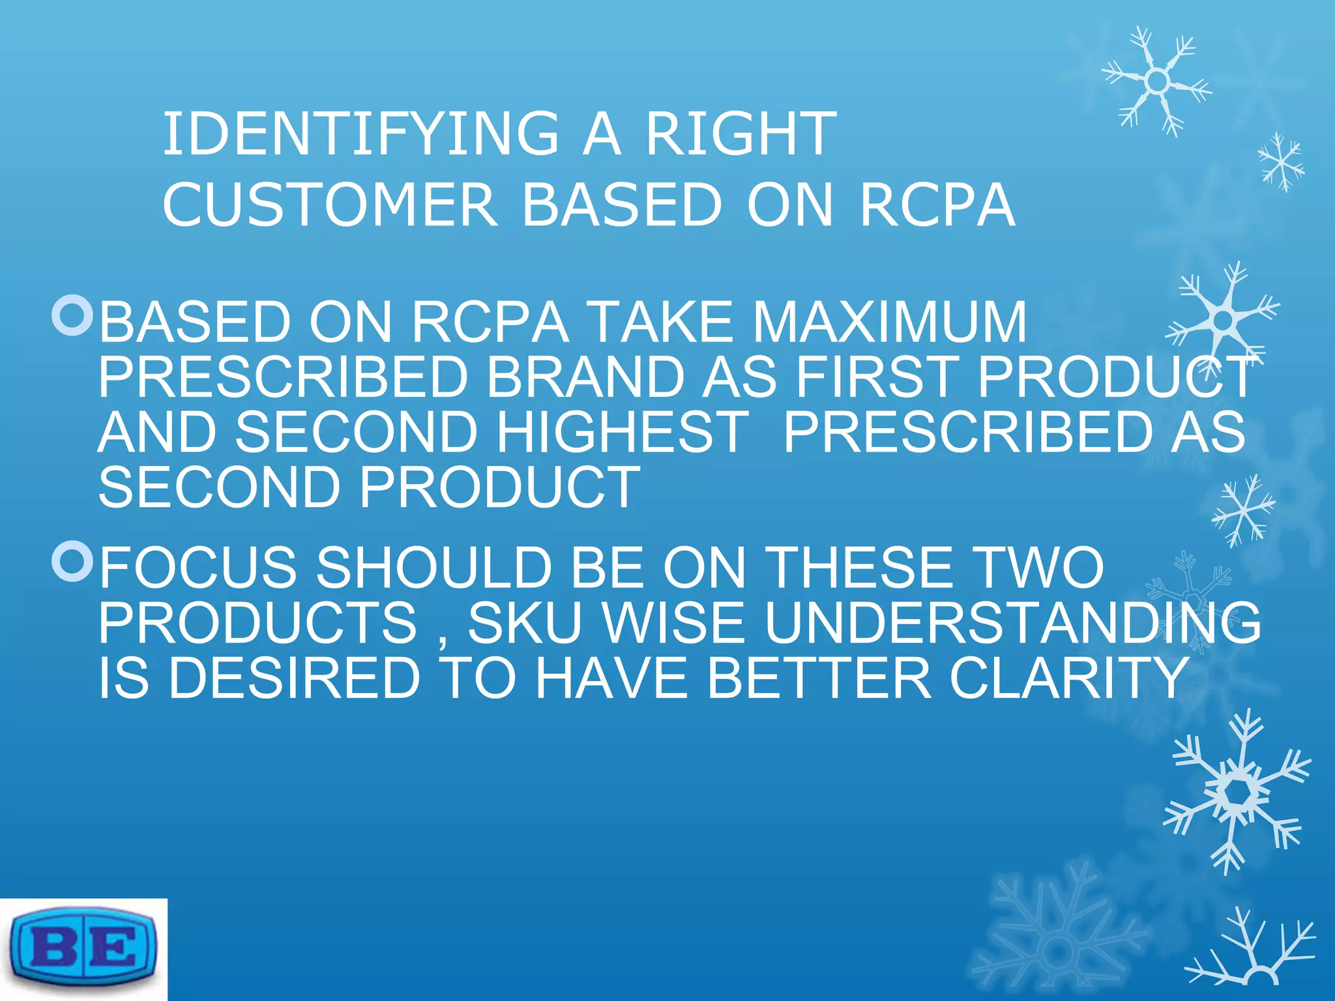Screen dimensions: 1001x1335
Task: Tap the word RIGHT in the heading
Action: click(741, 134)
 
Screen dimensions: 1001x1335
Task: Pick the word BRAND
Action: click(584, 377)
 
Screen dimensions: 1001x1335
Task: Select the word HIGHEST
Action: click(622, 431)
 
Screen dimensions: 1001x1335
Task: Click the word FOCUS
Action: click(198, 568)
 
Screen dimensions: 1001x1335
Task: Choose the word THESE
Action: click(857, 568)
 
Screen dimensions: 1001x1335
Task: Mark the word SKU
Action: click(525, 622)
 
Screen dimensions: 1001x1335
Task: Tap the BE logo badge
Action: click(83, 949)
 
